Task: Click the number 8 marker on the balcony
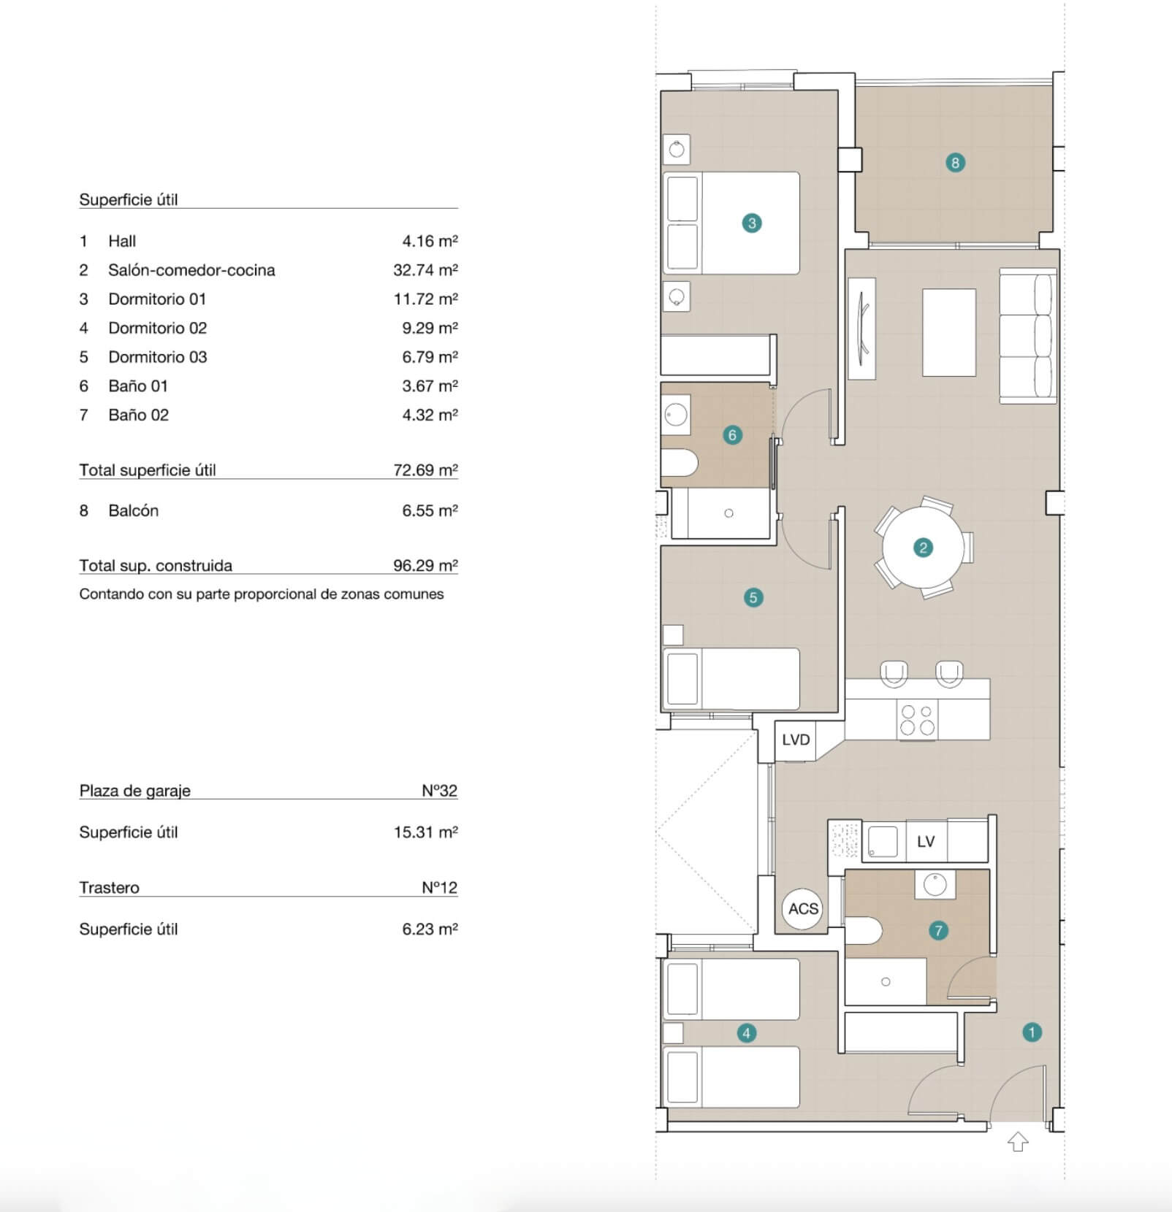click(x=955, y=163)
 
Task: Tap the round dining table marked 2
click(x=923, y=548)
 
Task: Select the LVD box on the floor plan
click(x=795, y=740)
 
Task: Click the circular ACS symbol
click(x=803, y=908)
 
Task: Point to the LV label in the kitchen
click(x=926, y=842)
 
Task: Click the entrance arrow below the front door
click(x=1018, y=1141)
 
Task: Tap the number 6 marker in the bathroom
click(x=732, y=435)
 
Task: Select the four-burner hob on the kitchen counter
click(x=917, y=719)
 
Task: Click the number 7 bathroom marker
click(x=938, y=930)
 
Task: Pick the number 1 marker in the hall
click(x=1032, y=1032)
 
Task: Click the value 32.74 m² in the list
click(x=425, y=270)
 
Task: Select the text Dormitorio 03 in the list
click(x=158, y=357)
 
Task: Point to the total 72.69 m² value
click(x=425, y=470)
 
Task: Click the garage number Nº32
click(x=439, y=791)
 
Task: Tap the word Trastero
click(x=109, y=888)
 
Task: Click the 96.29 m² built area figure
click(x=425, y=566)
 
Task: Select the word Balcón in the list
click(x=133, y=511)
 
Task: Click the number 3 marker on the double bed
click(x=752, y=223)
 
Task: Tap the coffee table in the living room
click(x=949, y=332)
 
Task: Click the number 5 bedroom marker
click(x=753, y=598)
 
